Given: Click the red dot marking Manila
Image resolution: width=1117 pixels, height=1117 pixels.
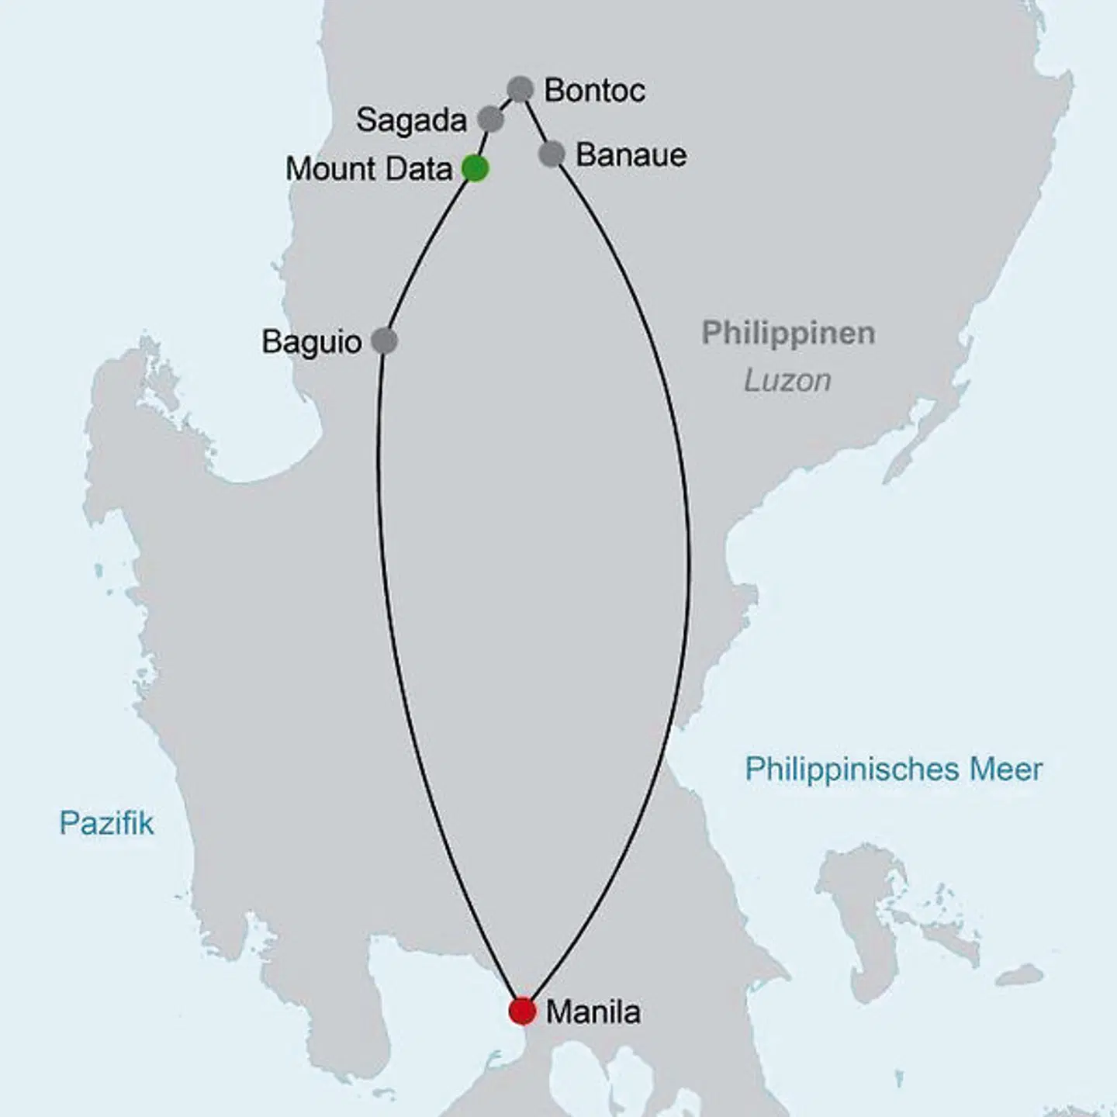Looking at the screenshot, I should [x=522, y=1011].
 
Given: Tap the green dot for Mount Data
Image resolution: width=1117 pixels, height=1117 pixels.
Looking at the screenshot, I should [x=475, y=168].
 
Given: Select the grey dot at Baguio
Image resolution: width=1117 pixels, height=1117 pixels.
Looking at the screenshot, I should [x=384, y=341].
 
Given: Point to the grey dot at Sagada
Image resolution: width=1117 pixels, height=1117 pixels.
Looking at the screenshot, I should [x=490, y=119].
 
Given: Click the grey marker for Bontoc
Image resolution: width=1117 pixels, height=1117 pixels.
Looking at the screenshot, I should [x=520, y=89].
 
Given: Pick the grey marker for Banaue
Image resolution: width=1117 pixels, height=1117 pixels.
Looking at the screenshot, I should [x=551, y=154].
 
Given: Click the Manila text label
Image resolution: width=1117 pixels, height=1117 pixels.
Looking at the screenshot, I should [x=593, y=1012].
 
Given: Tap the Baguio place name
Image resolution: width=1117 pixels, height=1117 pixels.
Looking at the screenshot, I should [x=311, y=342].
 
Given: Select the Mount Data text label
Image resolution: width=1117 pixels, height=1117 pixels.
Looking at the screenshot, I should [x=368, y=169].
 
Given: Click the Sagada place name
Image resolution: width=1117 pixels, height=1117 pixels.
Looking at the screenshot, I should [x=411, y=120].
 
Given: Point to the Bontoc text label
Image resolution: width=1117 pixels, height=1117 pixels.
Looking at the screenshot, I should [x=594, y=90].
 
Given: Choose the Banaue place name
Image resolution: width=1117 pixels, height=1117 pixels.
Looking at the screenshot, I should [x=631, y=155].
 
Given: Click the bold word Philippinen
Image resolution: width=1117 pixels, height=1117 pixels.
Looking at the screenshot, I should [x=788, y=333].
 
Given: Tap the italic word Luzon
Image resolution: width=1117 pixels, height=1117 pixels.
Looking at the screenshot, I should [x=787, y=380].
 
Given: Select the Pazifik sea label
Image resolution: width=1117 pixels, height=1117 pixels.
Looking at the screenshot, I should [x=106, y=823].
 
